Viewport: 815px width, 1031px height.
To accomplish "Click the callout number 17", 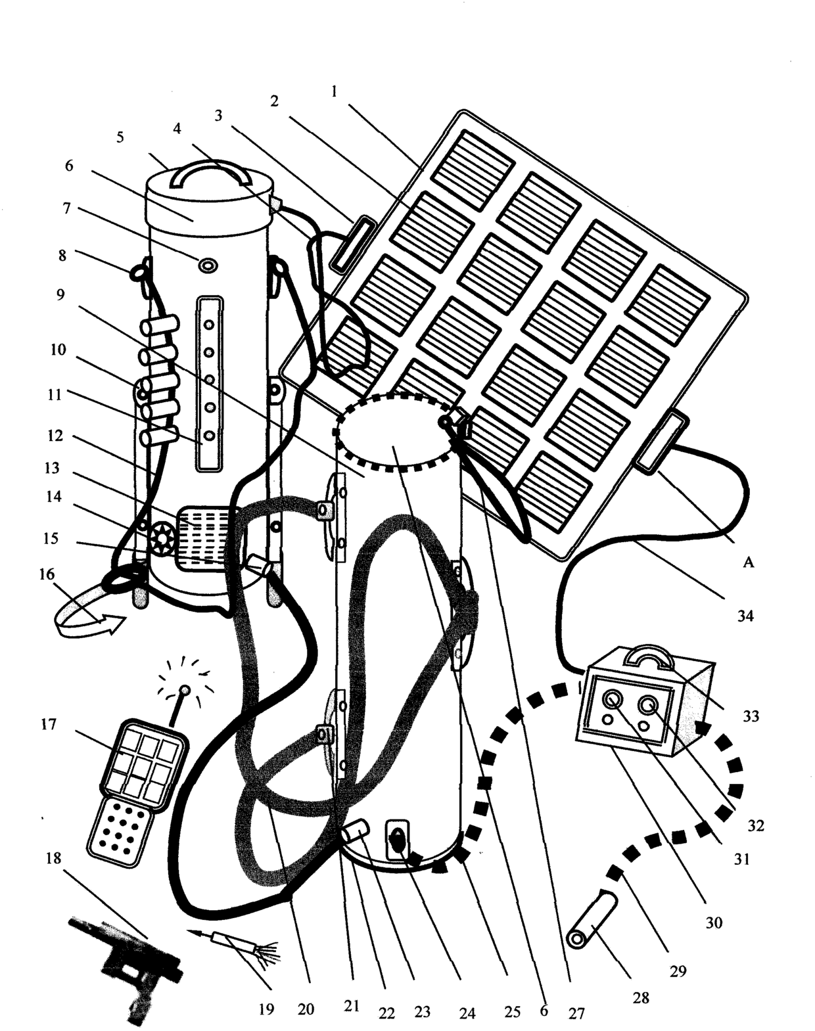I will pos(49,724).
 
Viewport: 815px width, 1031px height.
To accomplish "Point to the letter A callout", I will pos(748,562).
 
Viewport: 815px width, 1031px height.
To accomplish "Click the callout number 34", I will pos(745,616).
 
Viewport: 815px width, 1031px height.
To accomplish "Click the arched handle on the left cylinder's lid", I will pos(210,175).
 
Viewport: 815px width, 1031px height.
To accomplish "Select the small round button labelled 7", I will pos(208,264).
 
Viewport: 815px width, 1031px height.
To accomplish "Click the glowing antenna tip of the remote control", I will pos(185,690).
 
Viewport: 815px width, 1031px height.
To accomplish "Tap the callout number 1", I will pos(334,92).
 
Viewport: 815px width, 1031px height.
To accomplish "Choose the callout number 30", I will pos(714,923).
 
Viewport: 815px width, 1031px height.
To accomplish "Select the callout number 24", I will pos(467,1013).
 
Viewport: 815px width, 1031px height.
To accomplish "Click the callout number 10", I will pos(58,350).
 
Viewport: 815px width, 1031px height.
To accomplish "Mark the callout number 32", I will pos(756,825).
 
